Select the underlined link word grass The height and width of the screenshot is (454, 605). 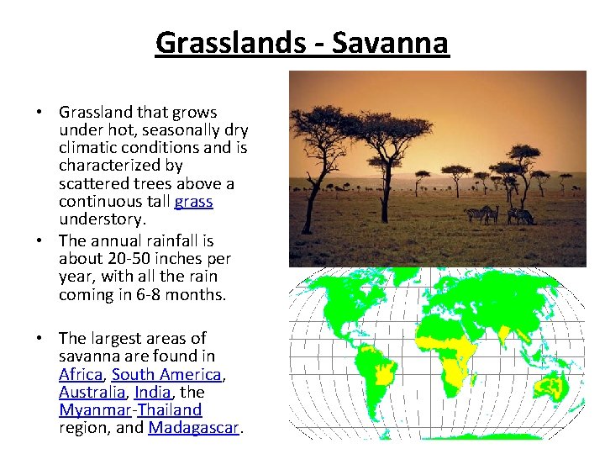(x=193, y=202)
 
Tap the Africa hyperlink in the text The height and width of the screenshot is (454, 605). (x=81, y=374)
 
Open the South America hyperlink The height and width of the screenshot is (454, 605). (x=166, y=374)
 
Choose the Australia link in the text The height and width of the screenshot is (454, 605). (x=90, y=393)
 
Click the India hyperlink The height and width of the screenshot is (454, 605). (x=152, y=393)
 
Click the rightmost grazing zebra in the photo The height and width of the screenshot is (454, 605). (x=521, y=217)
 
